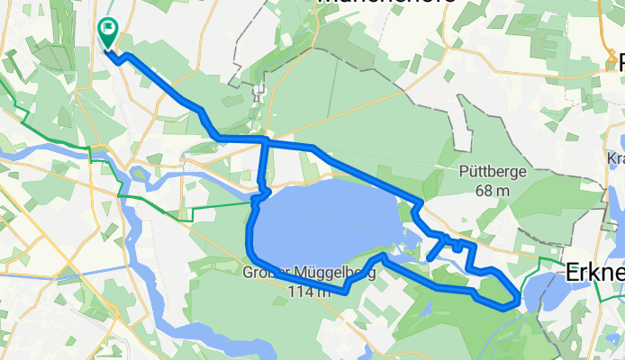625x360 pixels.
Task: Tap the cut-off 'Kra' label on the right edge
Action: pyautogui.click(x=616, y=158)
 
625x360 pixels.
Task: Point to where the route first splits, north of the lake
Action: pyautogui.click(x=266, y=140)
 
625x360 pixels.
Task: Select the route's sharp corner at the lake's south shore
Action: pyautogui.click(x=345, y=291)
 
